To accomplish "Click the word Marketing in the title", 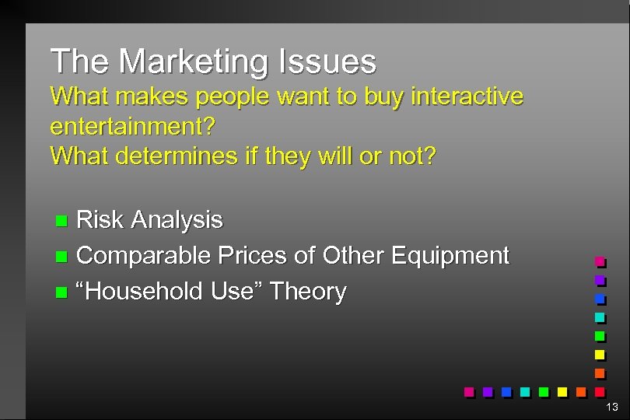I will click(193, 61).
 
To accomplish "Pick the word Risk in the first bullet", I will click(100, 220).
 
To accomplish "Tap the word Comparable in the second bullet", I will click(145, 255).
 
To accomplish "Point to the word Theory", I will click(307, 292).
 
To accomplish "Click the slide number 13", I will click(612, 407).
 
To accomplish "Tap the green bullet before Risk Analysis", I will click(62, 221).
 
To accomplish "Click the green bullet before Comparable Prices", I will click(62, 256).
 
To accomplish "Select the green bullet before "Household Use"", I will click(62, 292).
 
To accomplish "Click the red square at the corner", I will click(600, 391).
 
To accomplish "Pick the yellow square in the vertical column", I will click(600, 354).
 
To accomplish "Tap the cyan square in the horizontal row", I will click(525, 391).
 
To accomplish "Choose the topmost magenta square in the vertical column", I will click(600, 261).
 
